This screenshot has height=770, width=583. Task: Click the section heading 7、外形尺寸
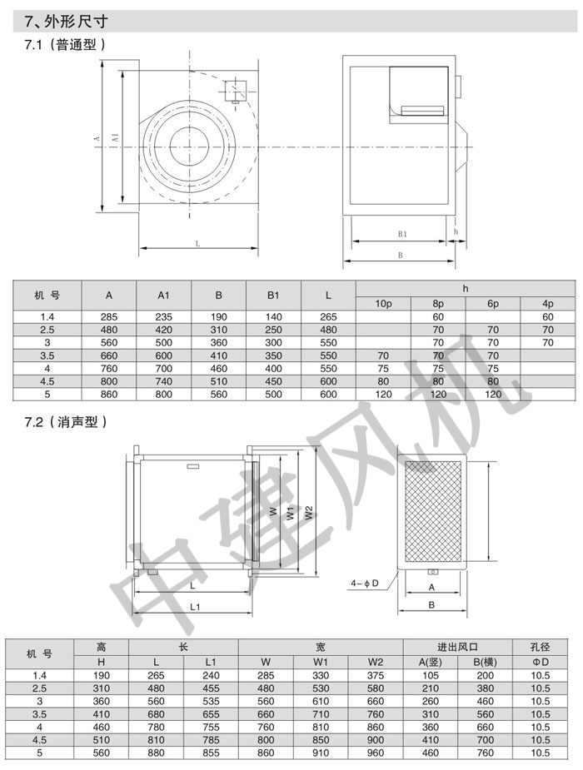coord(66,21)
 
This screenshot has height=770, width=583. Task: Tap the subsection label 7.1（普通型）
coord(65,45)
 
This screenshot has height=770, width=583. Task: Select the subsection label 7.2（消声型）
coord(66,422)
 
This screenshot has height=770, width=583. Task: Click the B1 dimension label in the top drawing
coord(402,234)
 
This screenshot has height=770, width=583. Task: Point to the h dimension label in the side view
coord(456,231)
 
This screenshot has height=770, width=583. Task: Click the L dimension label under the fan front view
coord(198,244)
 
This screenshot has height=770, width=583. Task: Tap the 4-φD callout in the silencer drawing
coord(365,584)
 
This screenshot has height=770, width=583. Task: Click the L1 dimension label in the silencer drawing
coord(195,607)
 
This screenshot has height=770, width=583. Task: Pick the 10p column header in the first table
coord(383,304)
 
